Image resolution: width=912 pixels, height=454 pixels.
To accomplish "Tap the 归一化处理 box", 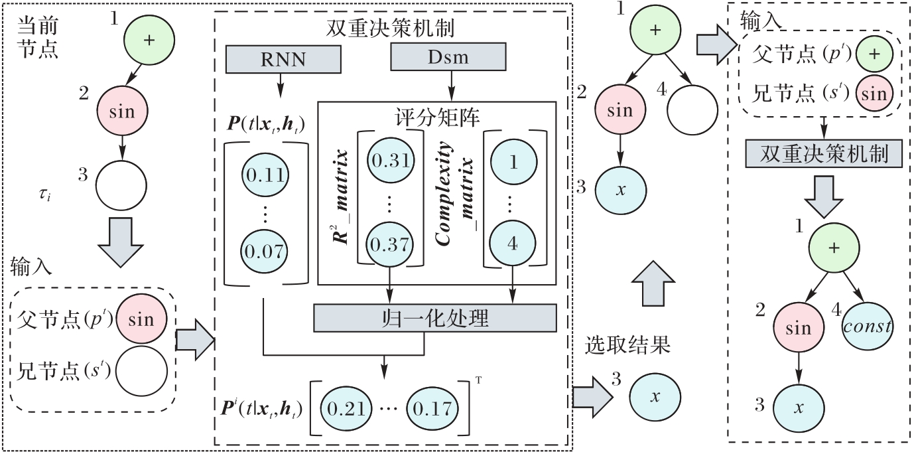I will pos(434,319).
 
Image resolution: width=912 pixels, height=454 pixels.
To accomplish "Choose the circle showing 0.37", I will pos(390,244).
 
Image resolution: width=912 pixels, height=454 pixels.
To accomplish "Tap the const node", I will pos(868,326).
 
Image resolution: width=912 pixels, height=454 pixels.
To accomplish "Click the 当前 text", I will pos(38,27).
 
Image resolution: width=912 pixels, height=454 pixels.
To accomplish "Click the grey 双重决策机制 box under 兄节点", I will pos(824,154).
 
